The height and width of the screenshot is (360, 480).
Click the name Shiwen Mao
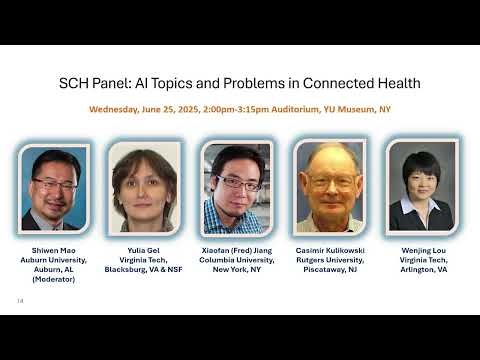click(x=54, y=250)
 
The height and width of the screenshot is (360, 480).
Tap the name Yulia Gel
click(x=146, y=250)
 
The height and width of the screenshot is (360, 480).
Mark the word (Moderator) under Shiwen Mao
click(x=54, y=280)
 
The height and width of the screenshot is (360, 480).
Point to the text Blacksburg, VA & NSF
click(x=146, y=270)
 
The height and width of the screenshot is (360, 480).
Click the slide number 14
click(x=20, y=300)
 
